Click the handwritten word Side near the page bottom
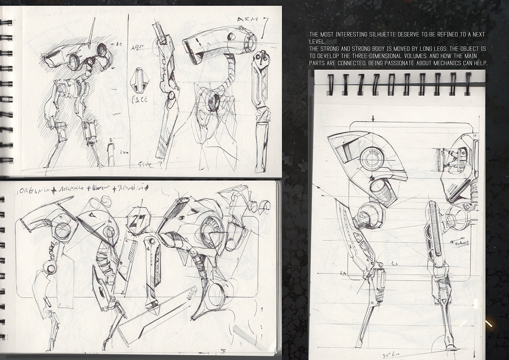[x=145, y=165]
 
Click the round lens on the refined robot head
[x=372, y=160]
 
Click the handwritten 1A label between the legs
[x=394, y=264]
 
